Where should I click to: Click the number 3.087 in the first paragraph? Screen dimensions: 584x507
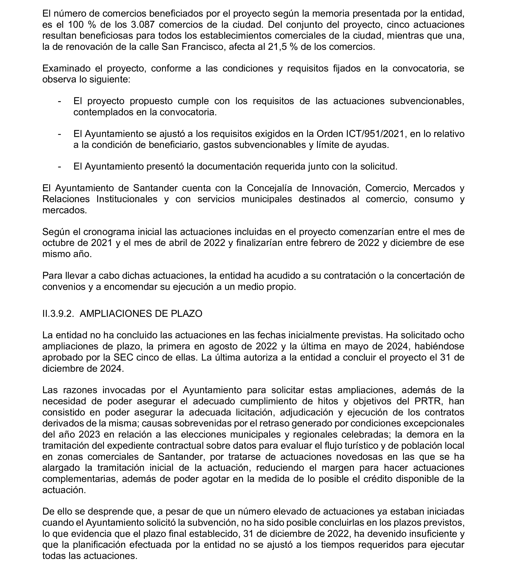(143, 25)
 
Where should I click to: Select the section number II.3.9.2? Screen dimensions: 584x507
(58, 314)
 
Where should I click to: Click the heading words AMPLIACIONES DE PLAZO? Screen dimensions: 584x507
(141, 314)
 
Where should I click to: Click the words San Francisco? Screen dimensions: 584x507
(192, 47)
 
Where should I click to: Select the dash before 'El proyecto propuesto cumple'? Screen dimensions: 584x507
(59, 101)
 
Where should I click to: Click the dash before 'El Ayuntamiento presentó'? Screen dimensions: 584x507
(59, 167)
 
